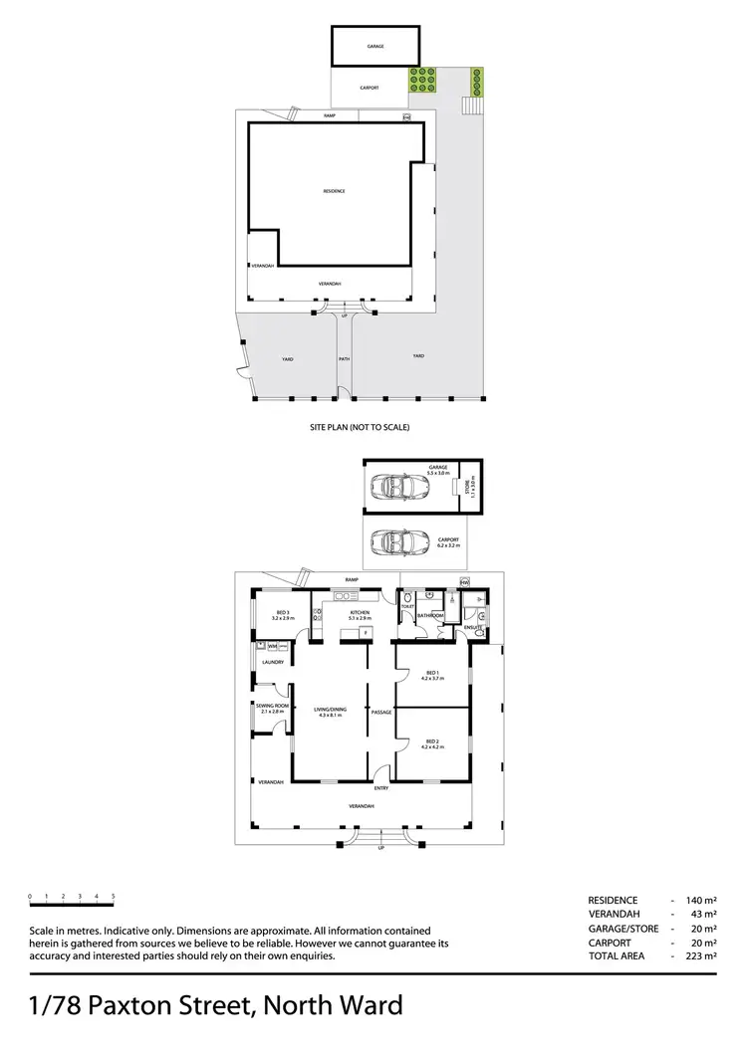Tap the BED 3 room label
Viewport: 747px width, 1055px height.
click(x=282, y=612)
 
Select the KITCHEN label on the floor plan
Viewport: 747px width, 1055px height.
click(x=360, y=612)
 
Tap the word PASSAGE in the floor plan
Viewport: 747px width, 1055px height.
click(x=380, y=713)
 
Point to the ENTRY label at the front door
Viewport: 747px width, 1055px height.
click(x=381, y=788)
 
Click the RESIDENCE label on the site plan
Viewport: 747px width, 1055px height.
click(x=334, y=191)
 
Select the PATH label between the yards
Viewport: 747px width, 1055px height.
click(x=344, y=358)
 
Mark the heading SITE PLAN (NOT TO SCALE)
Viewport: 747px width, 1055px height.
click(x=360, y=427)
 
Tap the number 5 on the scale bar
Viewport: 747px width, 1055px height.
click(x=113, y=897)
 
